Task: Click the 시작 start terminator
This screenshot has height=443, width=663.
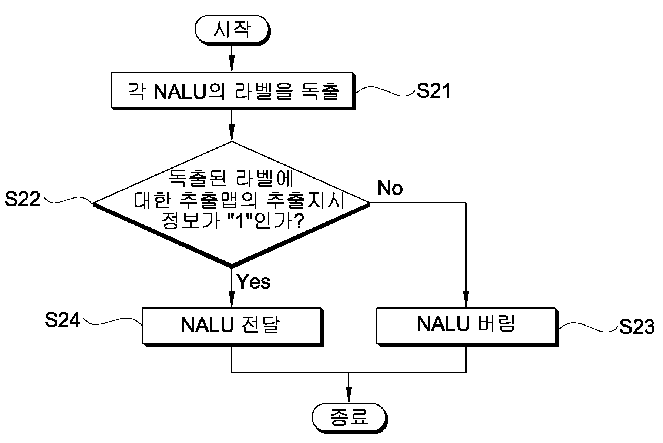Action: point(232,30)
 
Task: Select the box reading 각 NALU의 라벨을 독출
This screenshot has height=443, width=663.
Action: point(233,91)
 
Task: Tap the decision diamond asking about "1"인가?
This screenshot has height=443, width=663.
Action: point(232,204)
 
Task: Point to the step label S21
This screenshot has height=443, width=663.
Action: point(434,91)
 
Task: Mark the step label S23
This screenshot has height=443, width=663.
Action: point(637,327)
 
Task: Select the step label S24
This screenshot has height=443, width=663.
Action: point(63,320)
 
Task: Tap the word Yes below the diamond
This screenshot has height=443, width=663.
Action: point(253,282)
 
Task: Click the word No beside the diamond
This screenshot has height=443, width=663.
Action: point(390,188)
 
